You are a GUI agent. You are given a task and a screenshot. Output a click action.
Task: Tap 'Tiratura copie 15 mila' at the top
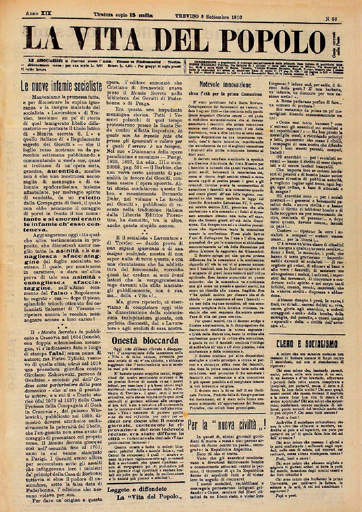point(124,15)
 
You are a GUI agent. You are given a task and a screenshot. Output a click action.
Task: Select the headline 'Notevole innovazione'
point(225,85)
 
